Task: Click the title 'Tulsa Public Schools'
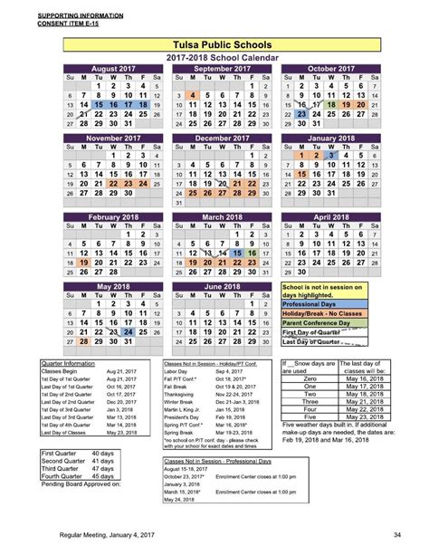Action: coord(229,44)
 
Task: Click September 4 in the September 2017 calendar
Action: coord(194,94)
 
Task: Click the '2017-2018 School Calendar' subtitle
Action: coord(230,58)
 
